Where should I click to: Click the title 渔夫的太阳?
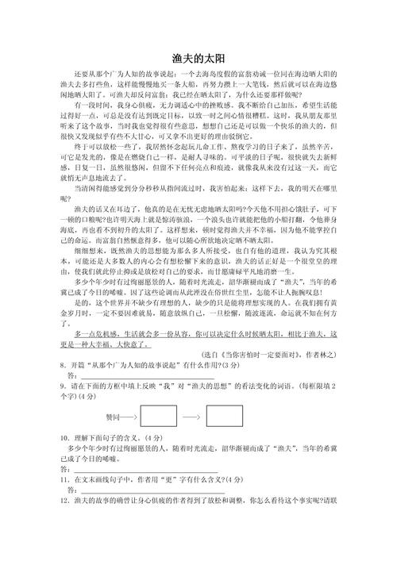(x=198, y=58)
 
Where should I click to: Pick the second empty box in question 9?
(x=225, y=416)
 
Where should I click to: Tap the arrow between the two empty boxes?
(x=191, y=416)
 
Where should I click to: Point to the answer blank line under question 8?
(x=119, y=376)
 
